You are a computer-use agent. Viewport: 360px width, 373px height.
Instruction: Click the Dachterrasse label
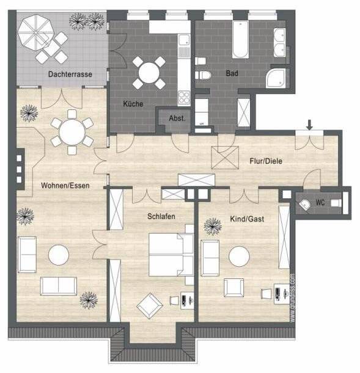coord(70,74)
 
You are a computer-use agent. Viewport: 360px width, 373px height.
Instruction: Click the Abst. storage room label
coord(177,118)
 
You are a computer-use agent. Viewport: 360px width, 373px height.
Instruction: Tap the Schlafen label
coord(161,216)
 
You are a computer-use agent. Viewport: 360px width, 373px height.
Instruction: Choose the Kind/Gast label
coord(247,219)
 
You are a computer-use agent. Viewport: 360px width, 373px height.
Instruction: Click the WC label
coord(320,203)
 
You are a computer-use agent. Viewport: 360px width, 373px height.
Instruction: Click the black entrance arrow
coord(310,125)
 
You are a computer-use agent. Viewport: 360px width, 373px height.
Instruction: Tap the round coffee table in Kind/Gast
coord(239,256)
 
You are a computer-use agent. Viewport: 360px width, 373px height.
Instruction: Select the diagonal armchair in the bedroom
coord(149,305)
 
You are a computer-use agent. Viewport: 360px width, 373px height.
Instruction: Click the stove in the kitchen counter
coord(183,96)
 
